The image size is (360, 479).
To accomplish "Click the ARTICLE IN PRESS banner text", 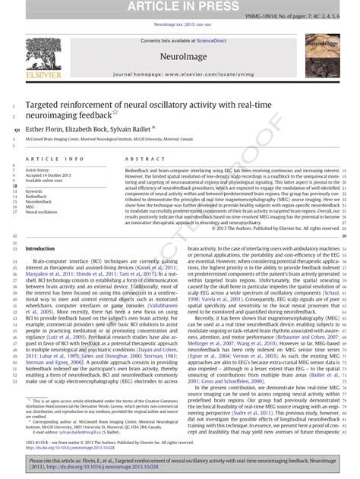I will [x=180, y=7].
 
